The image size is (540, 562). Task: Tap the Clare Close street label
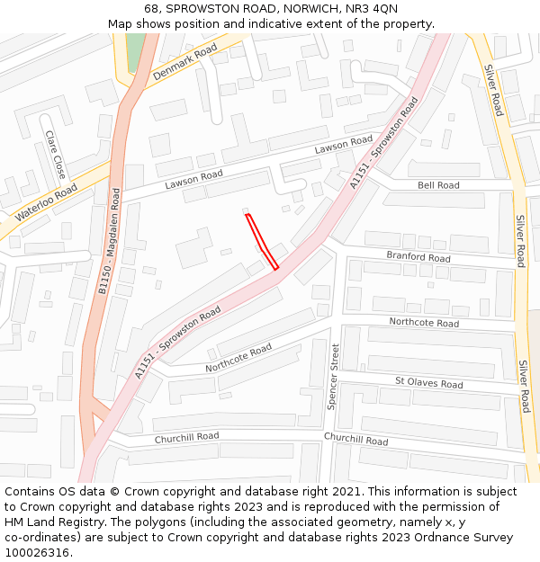point(55,154)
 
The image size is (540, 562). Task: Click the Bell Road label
point(438,185)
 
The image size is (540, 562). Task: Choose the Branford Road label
point(418,257)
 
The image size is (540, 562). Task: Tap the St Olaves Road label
point(428,384)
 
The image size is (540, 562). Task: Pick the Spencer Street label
point(333,377)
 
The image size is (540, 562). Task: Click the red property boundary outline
point(261,241)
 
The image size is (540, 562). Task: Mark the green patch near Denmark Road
point(135,53)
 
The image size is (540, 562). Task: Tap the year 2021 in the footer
point(346,492)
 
